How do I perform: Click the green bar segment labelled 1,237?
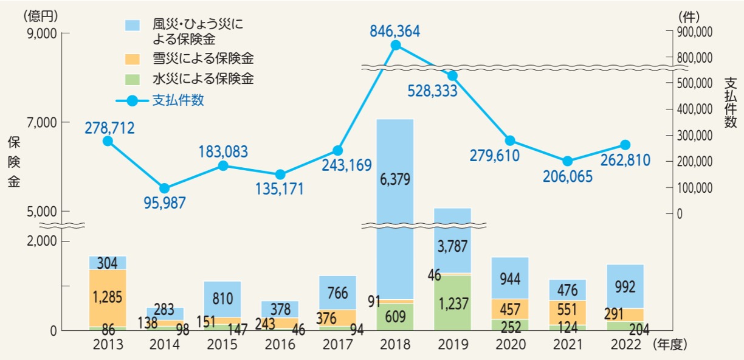453,302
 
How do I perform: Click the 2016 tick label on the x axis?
280,345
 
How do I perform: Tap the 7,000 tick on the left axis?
41,122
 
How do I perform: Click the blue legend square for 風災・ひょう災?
133,25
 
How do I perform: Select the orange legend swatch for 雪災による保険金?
133,59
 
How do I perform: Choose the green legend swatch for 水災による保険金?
133,79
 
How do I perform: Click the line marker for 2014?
165,189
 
